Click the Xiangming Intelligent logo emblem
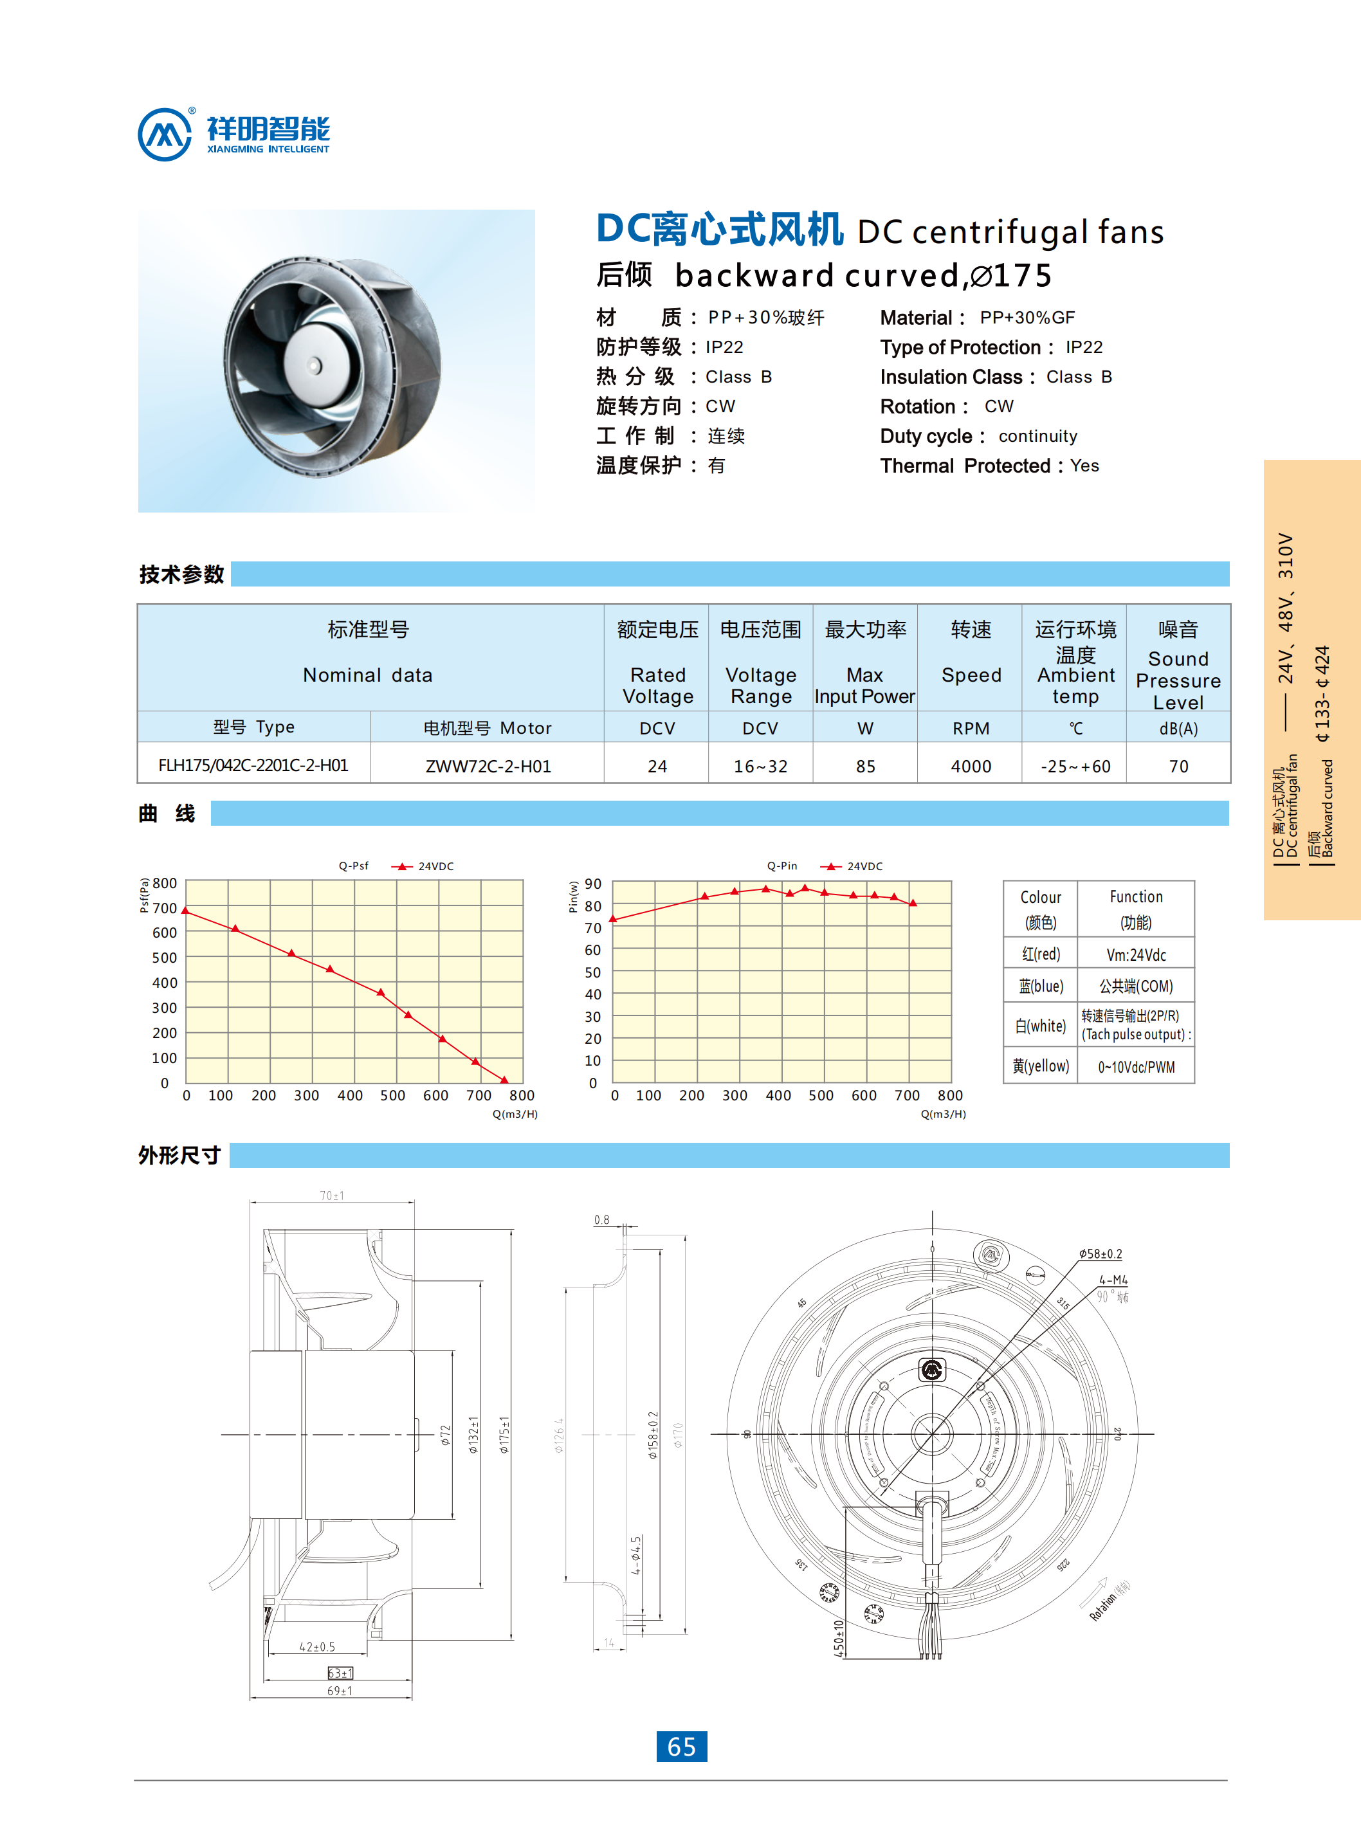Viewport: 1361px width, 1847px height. (x=165, y=134)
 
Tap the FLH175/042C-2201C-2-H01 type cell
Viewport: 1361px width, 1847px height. (x=253, y=765)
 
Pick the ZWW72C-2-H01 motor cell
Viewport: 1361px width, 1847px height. (x=488, y=766)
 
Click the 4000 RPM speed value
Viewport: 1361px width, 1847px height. (x=971, y=766)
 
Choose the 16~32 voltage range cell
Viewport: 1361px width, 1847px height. (x=760, y=766)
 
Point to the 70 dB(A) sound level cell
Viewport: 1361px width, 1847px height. (x=1178, y=766)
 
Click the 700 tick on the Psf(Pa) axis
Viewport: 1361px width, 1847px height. (x=165, y=908)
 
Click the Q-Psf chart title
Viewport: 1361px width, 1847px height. (x=353, y=866)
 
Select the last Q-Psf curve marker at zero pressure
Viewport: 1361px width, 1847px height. (x=505, y=1080)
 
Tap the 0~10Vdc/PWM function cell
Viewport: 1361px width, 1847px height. (x=1136, y=1067)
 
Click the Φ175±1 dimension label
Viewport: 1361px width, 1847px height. (x=504, y=1435)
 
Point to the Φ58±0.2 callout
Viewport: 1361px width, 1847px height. (x=1101, y=1254)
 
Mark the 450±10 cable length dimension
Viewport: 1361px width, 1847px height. (x=839, y=1638)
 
